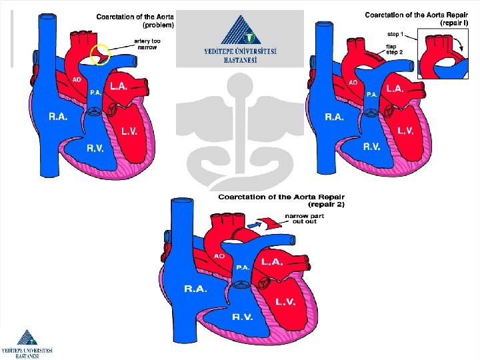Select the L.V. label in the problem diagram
click(129, 131)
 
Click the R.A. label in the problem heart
click(58, 117)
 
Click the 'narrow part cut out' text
click(301, 219)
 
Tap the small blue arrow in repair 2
click(256, 227)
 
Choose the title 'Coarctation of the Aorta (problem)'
click(135, 21)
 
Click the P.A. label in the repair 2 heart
click(243, 267)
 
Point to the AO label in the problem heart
click(78, 80)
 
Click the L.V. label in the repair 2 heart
click(285, 303)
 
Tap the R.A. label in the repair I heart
click(335, 117)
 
